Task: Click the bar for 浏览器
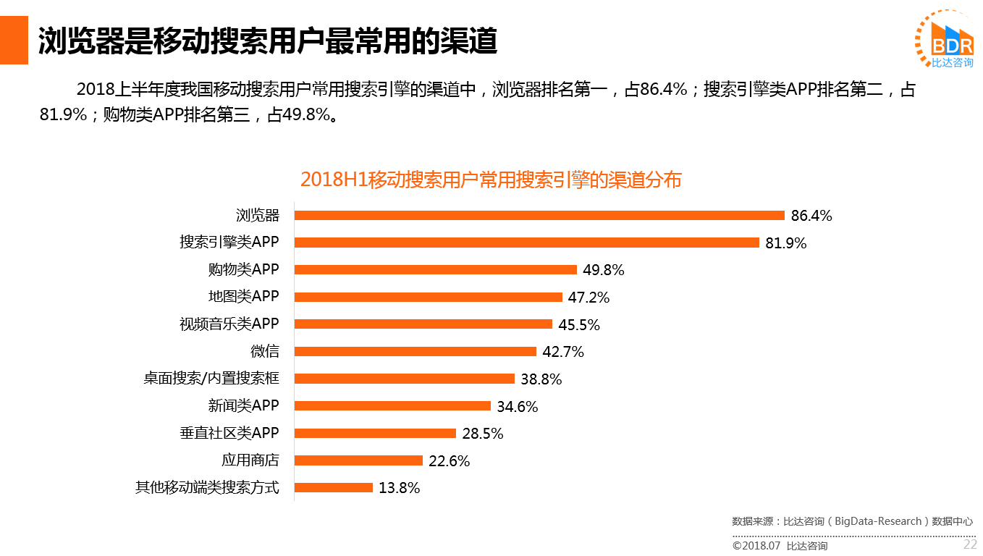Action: pyautogui.click(x=539, y=215)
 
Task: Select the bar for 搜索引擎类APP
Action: pyautogui.click(x=526, y=243)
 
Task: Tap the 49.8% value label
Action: pyautogui.click(x=603, y=270)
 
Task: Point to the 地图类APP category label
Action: pyautogui.click(x=243, y=297)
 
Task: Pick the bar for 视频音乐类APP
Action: pyautogui.click(x=423, y=324)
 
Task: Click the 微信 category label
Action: pyautogui.click(x=264, y=352)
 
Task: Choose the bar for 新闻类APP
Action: pyautogui.click(x=392, y=406)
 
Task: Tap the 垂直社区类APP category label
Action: pyautogui.click(x=229, y=434)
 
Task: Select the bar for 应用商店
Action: pyautogui.click(x=358, y=460)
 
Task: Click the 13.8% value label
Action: pyautogui.click(x=399, y=488)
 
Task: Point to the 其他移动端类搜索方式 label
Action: pyautogui.click(x=207, y=488)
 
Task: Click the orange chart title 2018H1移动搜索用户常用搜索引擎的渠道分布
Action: pyautogui.click(x=491, y=180)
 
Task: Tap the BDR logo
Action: pyautogui.click(x=945, y=40)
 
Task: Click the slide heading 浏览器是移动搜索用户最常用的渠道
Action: pyautogui.click(x=268, y=42)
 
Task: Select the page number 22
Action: pyautogui.click(x=969, y=544)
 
